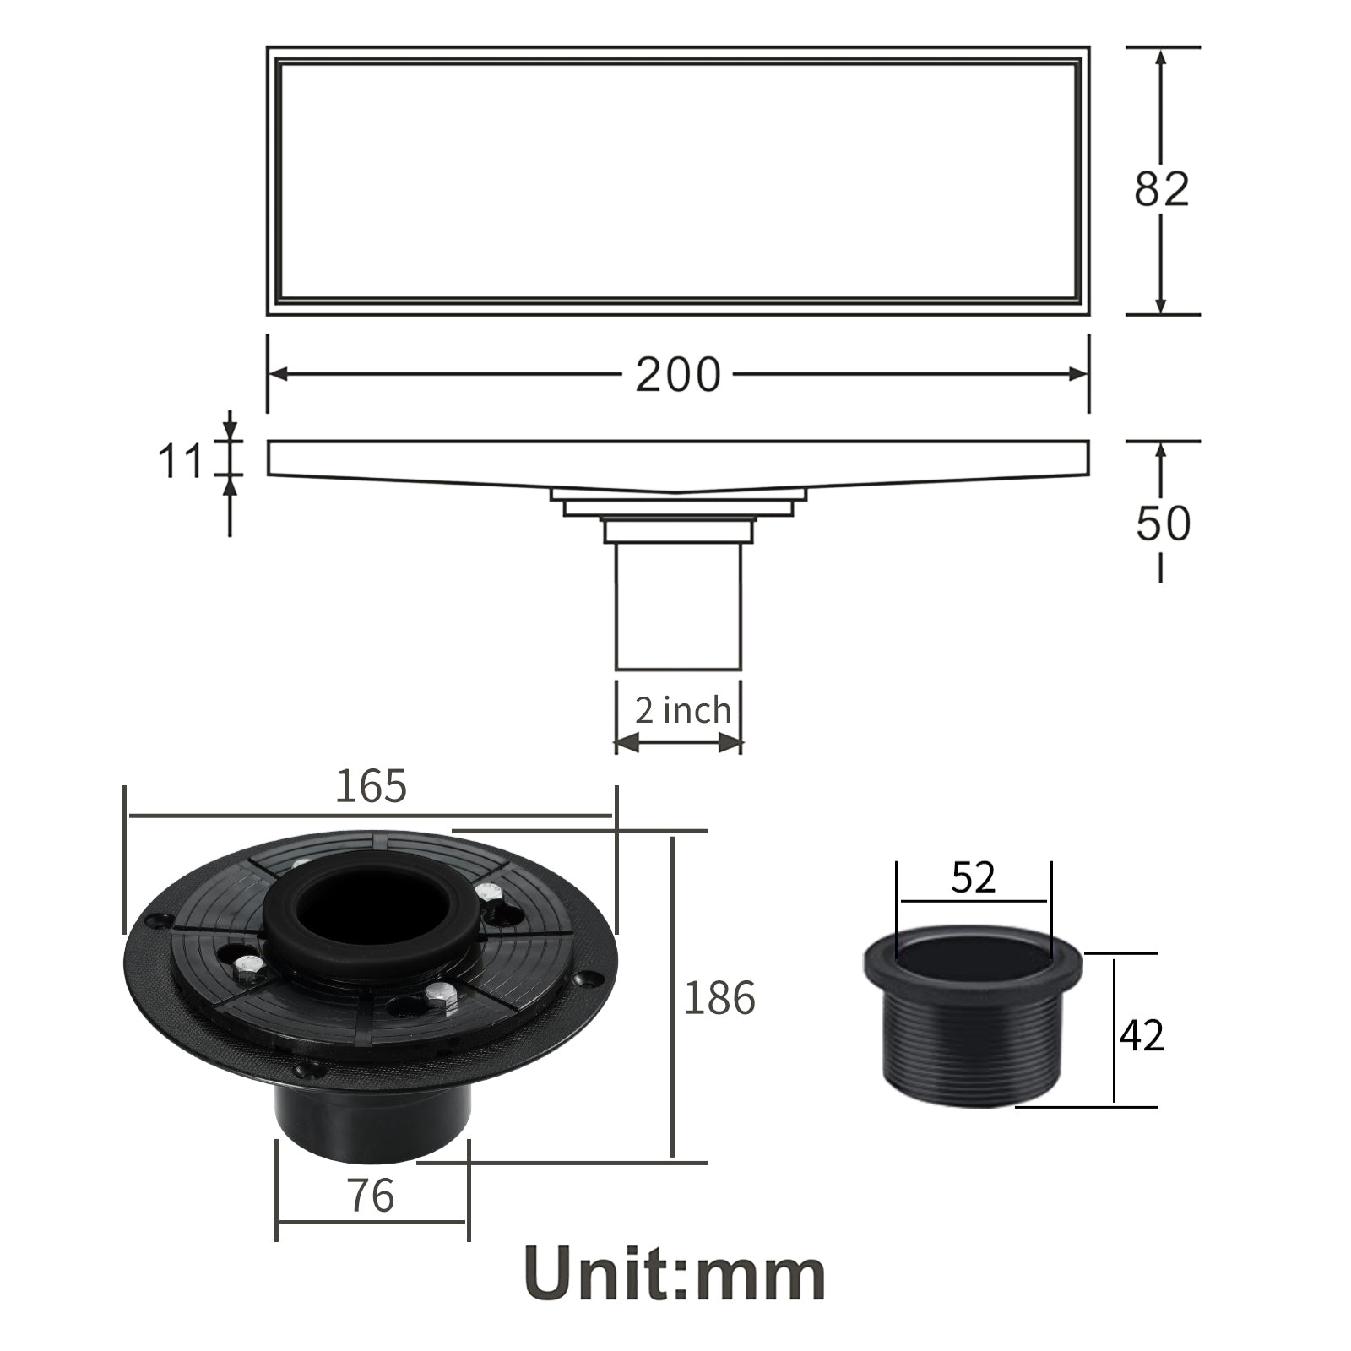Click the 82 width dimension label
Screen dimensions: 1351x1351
click(x=1161, y=189)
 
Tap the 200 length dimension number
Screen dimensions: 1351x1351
click(x=678, y=374)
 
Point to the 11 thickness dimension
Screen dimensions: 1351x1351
click(x=181, y=462)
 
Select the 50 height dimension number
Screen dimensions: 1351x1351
click(x=1163, y=523)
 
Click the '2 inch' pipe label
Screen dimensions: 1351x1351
click(x=682, y=710)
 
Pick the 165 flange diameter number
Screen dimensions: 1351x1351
click(x=372, y=786)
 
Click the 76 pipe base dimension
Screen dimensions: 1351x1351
click(x=371, y=1196)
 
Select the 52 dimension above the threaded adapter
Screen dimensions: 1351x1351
click(x=974, y=878)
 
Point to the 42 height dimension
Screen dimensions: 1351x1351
click(x=1141, y=1034)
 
